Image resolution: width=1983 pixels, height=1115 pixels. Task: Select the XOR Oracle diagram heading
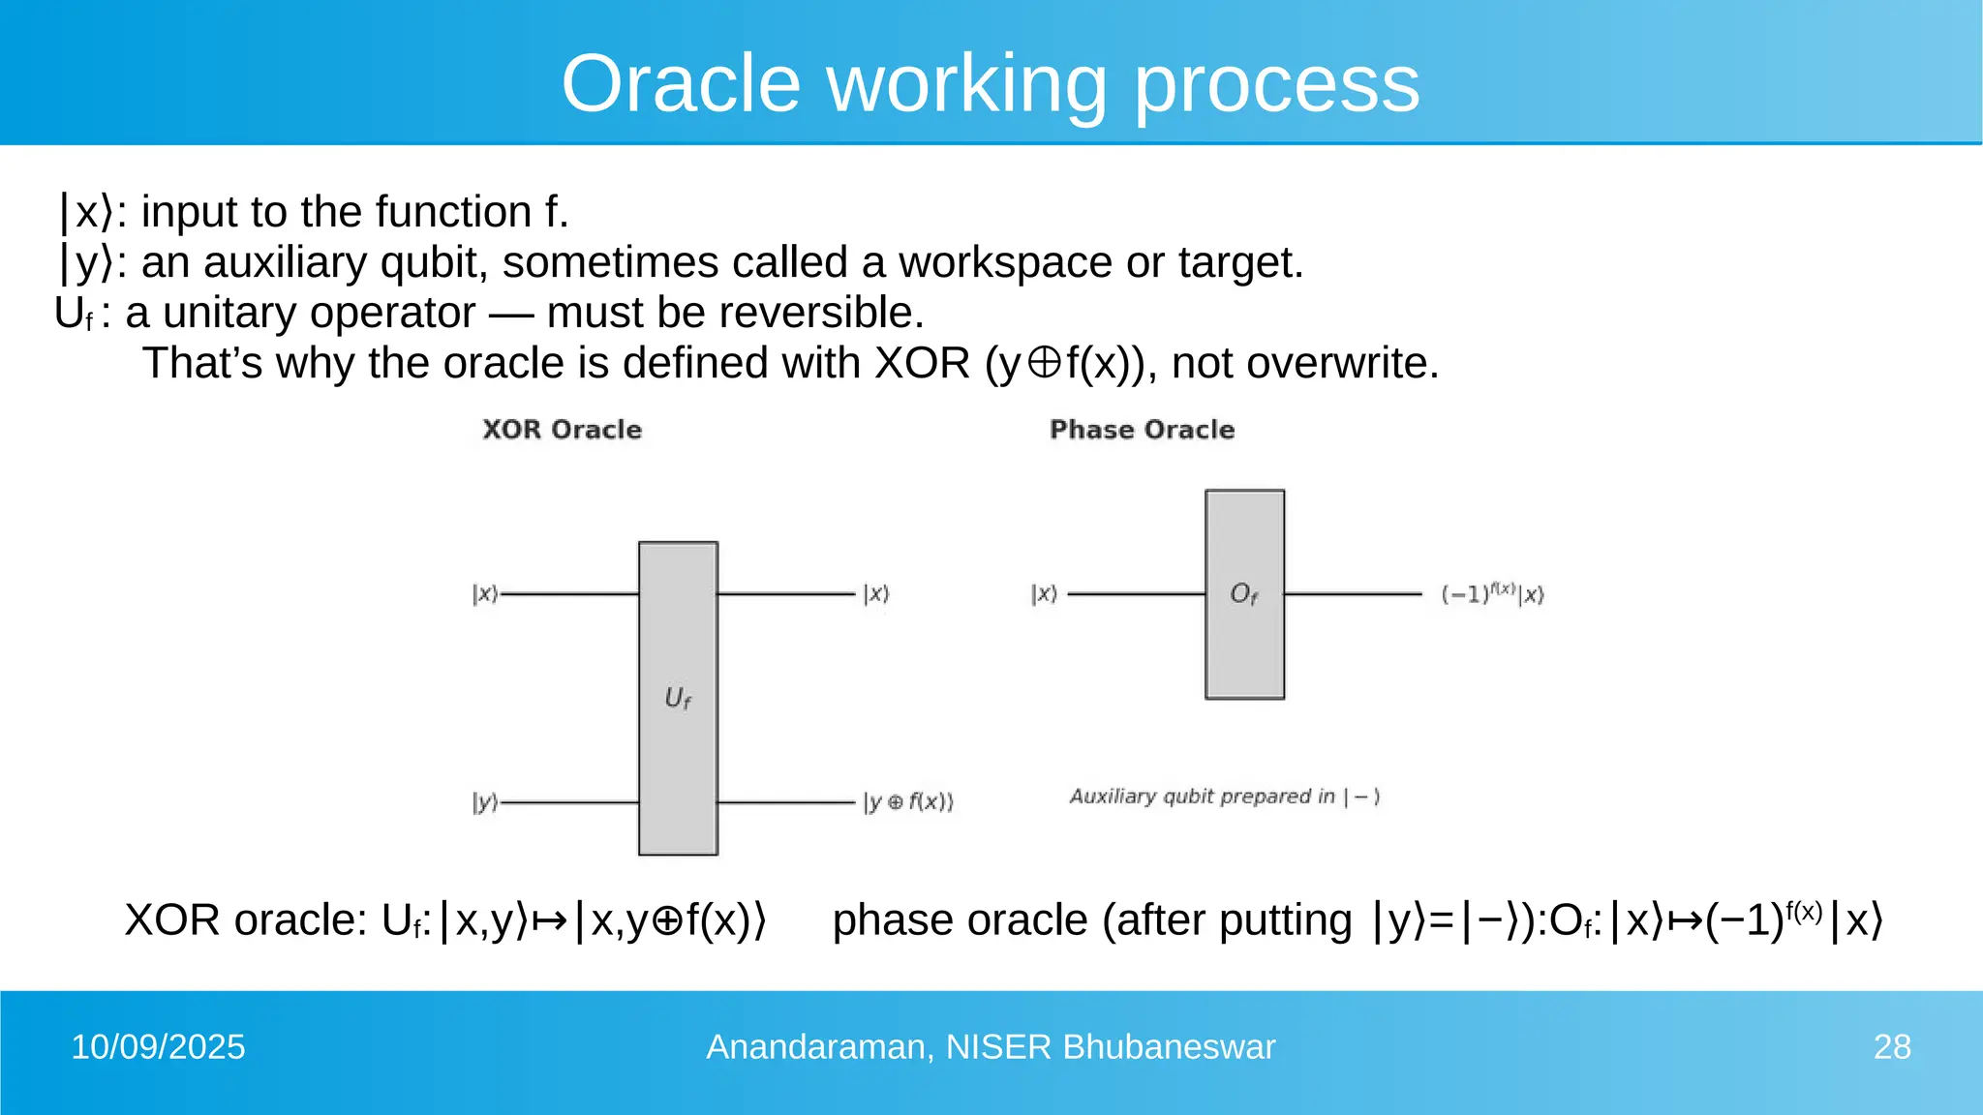click(562, 430)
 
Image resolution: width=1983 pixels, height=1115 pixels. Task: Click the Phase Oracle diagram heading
click(1142, 430)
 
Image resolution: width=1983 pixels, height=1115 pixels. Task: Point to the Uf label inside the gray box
click(678, 698)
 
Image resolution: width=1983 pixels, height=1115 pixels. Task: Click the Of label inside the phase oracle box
click(1244, 593)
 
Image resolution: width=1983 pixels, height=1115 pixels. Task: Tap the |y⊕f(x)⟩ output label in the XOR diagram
click(908, 802)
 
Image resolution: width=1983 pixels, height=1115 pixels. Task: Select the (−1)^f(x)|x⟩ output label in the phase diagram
click(1492, 593)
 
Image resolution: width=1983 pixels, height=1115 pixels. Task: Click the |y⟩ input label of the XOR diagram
click(485, 802)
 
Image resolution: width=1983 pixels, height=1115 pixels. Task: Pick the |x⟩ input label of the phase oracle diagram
click(1044, 593)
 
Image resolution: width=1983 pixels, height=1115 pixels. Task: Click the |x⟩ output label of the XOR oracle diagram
click(876, 593)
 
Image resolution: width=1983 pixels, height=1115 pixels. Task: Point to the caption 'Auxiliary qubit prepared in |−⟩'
click(1224, 797)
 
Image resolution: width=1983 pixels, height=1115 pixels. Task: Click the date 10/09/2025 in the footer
click(158, 1047)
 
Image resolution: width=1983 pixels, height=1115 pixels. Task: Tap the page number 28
click(1892, 1047)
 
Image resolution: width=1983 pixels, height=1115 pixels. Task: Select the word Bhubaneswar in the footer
click(1169, 1047)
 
